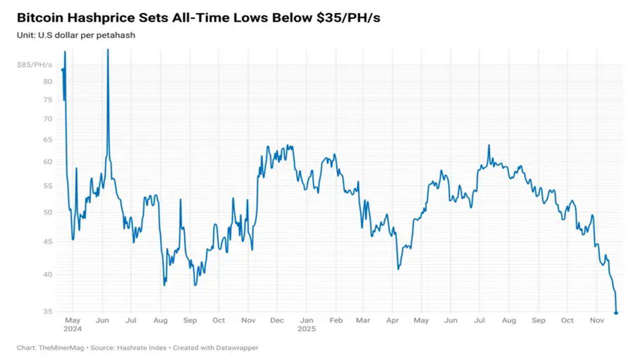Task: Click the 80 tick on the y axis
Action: [47, 81]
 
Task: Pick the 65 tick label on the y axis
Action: [47, 139]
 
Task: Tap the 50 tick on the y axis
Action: [47, 212]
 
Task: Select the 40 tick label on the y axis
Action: [47, 274]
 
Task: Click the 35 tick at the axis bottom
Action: [47, 311]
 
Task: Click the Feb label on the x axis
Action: [335, 320]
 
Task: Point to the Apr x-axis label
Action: [393, 320]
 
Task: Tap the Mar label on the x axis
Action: [363, 320]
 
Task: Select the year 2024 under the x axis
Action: [72, 329]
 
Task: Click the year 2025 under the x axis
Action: [306, 329]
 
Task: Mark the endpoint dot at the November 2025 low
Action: [616, 313]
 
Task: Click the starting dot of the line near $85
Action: [62, 70]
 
